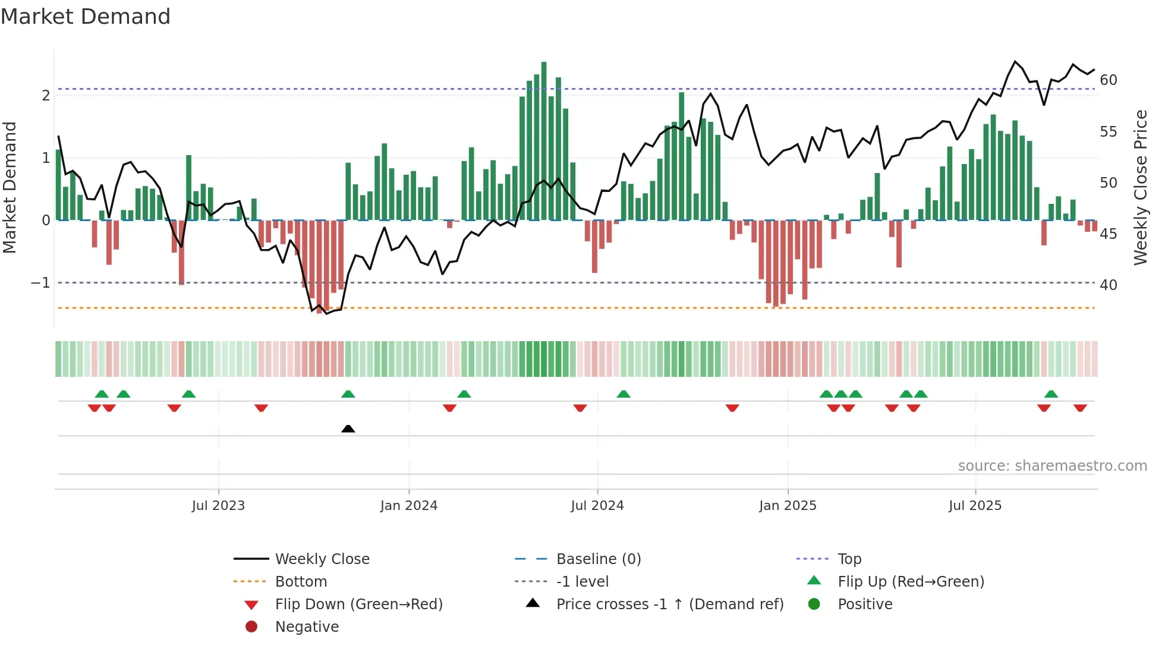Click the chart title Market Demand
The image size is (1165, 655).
point(86,17)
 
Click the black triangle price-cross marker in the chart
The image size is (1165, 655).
point(348,429)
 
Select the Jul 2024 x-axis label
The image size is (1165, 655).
point(597,506)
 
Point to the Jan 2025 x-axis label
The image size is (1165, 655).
point(788,506)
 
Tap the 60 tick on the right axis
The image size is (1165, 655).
point(1109,80)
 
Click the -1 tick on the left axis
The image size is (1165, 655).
point(41,283)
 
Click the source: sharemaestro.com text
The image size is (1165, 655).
point(1052,466)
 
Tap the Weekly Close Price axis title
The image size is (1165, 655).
point(1140,187)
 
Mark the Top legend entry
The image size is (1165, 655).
point(849,559)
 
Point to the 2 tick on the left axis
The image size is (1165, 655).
point(46,96)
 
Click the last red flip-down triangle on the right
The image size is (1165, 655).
point(1080,408)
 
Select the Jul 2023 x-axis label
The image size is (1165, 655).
point(218,506)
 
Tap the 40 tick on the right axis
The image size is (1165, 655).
point(1109,285)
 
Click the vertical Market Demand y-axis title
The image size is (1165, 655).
point(10,187)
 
